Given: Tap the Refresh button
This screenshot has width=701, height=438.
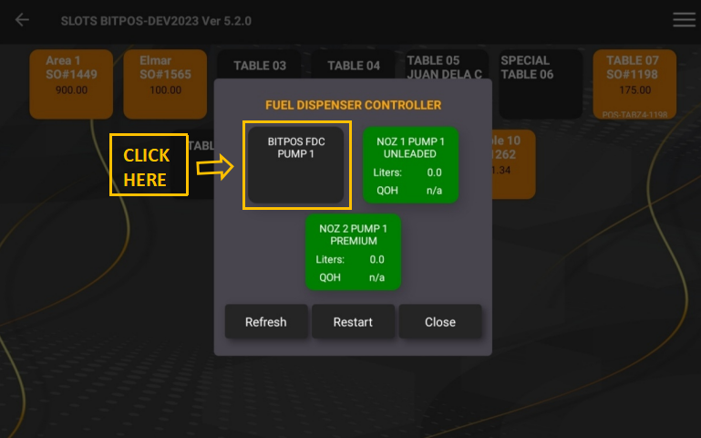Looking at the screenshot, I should point(265,322).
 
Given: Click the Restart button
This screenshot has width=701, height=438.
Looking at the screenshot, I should point(353,322).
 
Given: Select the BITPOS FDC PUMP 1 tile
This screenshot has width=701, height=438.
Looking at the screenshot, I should point(296,165).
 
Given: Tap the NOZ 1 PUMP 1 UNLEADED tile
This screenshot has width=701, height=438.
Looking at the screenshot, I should point(410,165).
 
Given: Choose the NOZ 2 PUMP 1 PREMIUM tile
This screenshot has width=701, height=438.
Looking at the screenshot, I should point(353,252).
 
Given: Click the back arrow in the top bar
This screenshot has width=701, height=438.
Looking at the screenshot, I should point(22,20).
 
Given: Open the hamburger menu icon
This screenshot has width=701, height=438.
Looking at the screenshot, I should point(684,20).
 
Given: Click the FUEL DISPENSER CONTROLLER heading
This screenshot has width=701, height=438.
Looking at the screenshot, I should point(353,105).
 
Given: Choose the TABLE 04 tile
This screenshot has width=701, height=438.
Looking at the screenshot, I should point(354,66).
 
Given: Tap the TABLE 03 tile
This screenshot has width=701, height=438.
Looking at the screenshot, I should point(259,66).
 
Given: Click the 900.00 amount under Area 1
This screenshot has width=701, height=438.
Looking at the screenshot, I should point(71,90).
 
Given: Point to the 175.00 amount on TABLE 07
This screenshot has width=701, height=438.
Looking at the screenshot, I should point(634,90).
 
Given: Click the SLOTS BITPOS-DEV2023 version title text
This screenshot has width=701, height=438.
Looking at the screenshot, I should point(156,20).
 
